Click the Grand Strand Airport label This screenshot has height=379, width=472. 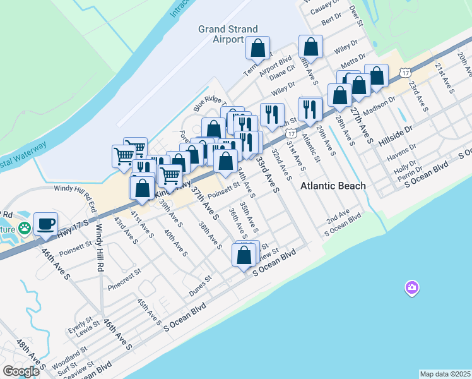click(x=220, y=34)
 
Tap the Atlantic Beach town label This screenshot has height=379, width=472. click(x=333, y=186)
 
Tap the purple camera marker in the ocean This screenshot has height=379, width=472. click(x=411, y=288)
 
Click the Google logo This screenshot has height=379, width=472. click(x=21, y=371)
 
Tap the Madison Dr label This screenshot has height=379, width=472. click(x=379, y=104)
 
